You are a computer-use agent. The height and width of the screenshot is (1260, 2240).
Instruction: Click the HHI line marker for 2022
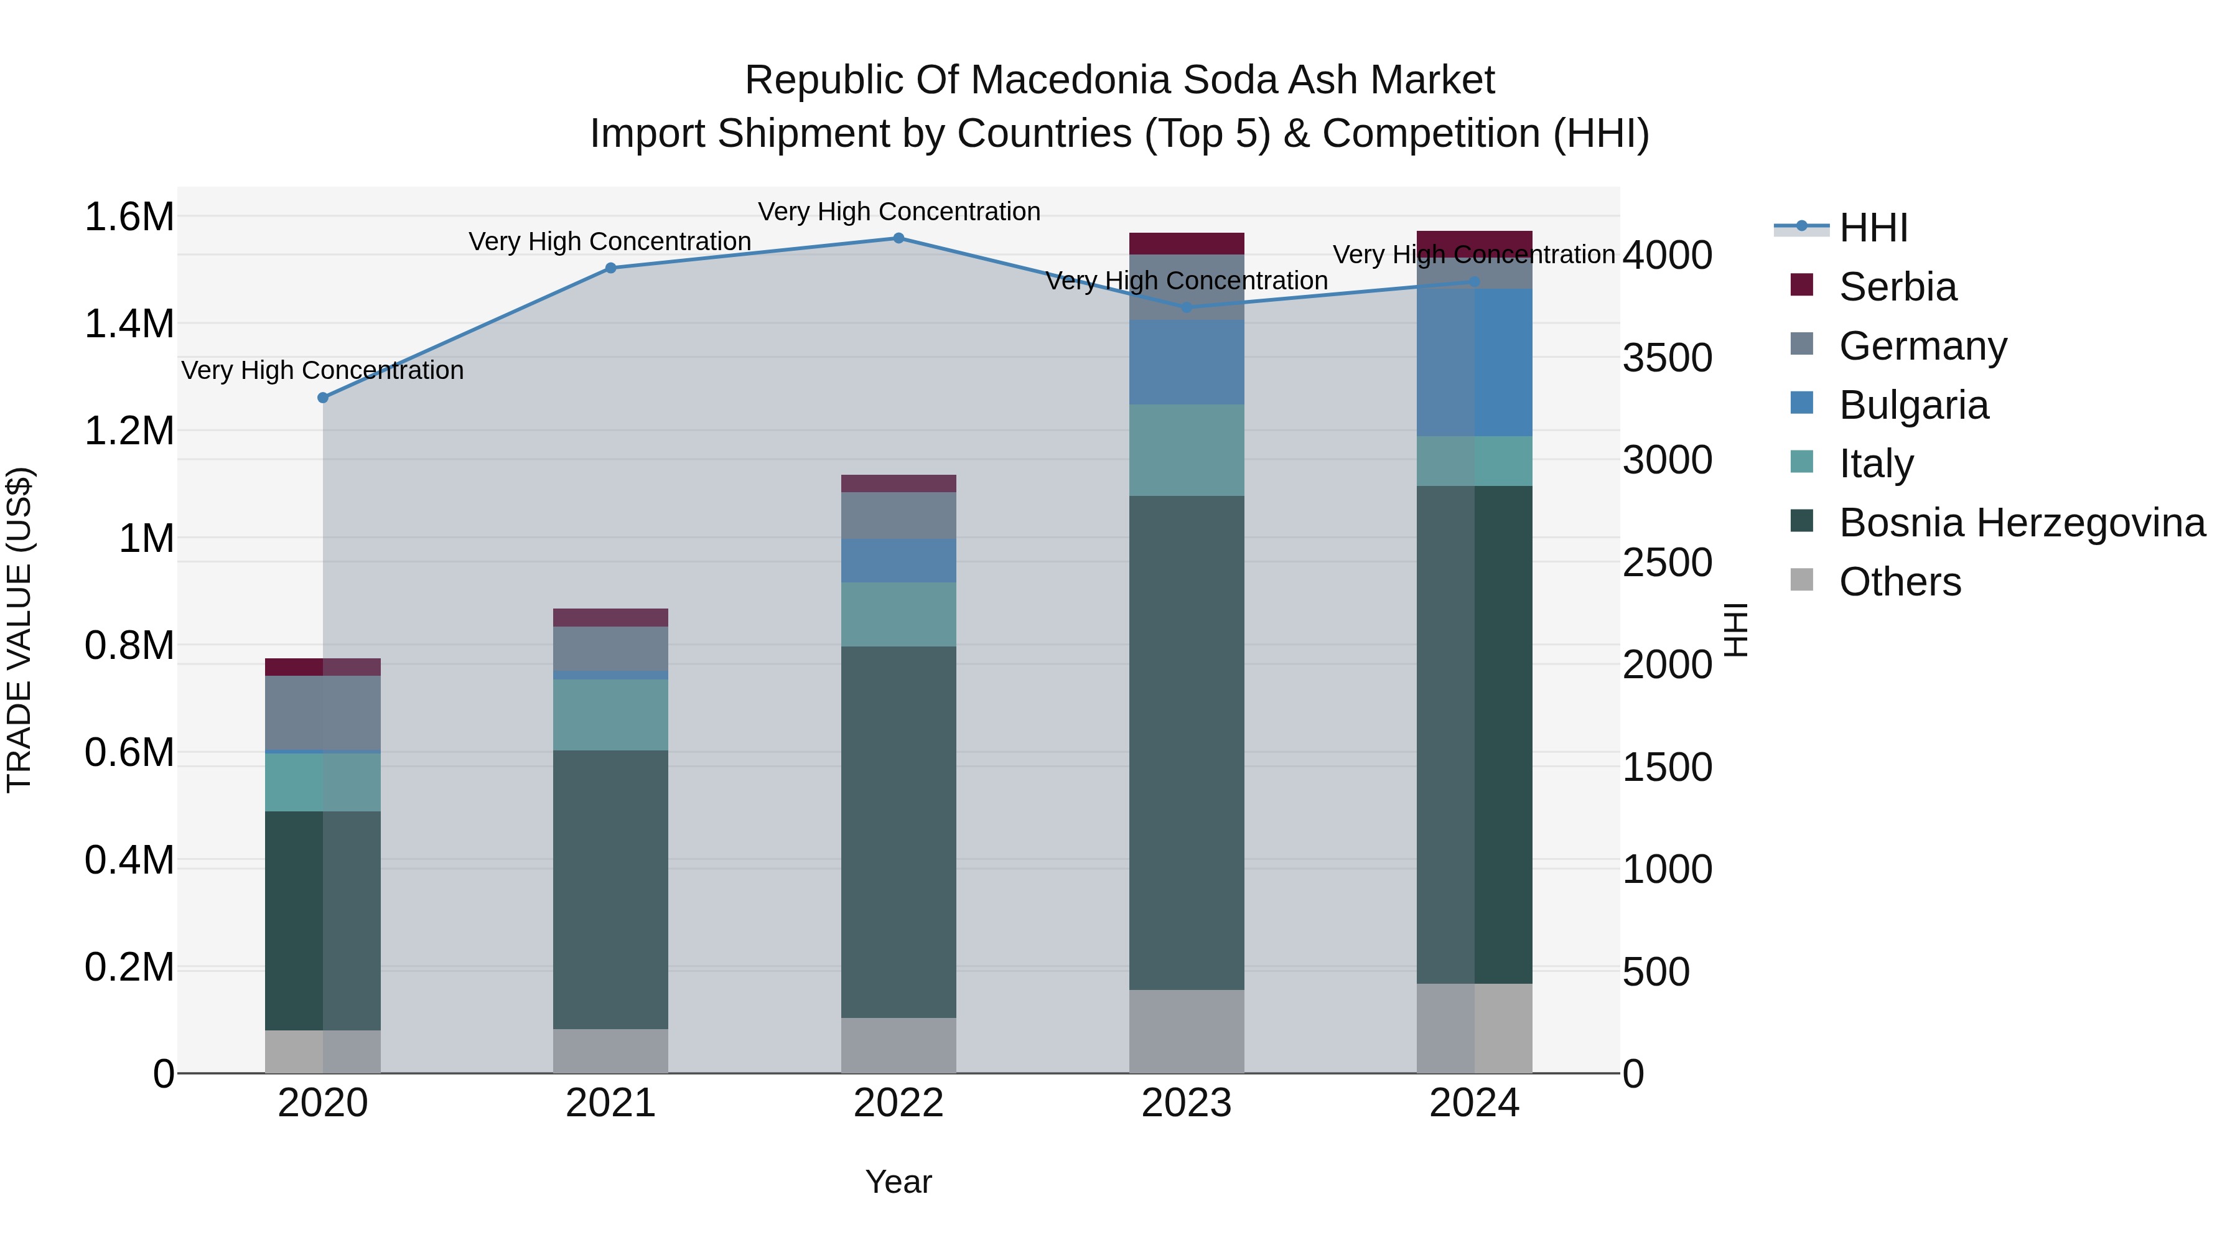point(898,238)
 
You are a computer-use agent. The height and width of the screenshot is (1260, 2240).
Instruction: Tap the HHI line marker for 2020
point(322,398)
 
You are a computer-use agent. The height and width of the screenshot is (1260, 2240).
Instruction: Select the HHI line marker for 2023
point(1187,307)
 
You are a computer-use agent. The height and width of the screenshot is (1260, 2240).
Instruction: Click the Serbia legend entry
point(1897,287)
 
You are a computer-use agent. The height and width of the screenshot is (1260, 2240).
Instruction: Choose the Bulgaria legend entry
point(1913,405)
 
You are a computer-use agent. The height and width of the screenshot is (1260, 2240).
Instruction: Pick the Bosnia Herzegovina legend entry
point(2022,523)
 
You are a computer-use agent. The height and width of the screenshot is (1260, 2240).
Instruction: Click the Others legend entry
point(1900,582)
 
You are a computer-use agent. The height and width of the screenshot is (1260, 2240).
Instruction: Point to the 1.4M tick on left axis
point(129,324)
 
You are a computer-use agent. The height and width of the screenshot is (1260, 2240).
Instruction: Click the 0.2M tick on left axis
point(129,967)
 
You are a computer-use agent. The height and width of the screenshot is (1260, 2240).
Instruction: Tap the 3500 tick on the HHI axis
point(1667,358)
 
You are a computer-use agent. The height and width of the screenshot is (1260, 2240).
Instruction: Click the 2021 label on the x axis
point(610,1103)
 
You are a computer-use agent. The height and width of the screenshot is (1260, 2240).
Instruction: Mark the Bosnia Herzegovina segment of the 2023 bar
point(1187,744)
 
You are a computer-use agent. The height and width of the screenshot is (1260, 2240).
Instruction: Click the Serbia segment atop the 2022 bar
point(898,483)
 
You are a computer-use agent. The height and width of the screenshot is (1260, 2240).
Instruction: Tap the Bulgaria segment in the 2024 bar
point(1475,363)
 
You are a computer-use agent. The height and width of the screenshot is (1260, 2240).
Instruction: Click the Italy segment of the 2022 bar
point(898,614)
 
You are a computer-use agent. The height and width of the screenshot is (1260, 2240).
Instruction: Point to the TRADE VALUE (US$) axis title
point(19,630)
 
